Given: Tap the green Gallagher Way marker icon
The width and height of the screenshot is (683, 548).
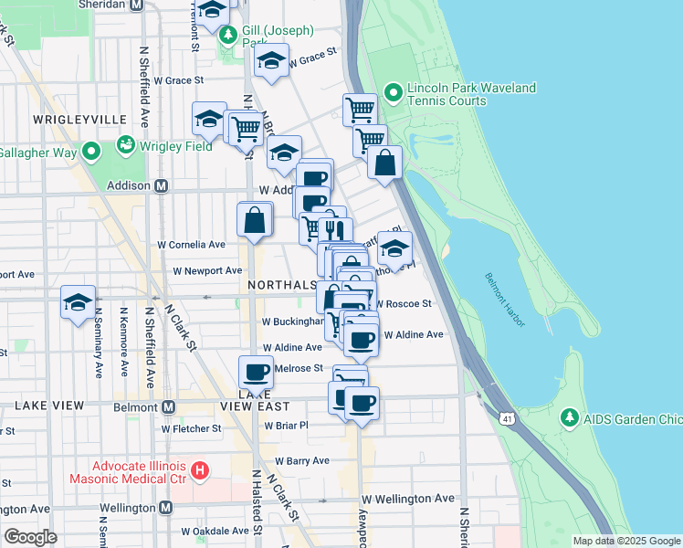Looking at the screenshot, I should [x=91, y=153].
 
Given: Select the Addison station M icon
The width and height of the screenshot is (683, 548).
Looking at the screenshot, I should [x=162, y=185].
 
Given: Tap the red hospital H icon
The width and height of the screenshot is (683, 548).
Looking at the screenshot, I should [x=201, y=472].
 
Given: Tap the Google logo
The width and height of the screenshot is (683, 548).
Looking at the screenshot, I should [x=30, y=537].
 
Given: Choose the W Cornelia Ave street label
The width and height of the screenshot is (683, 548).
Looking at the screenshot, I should [x=192, y=245].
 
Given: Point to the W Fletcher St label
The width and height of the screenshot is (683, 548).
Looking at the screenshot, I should [x=192, y=427].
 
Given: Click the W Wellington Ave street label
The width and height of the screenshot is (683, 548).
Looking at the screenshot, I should [x=407, y=499].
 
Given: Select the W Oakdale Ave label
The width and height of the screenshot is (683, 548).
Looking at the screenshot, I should [x=215, y=531].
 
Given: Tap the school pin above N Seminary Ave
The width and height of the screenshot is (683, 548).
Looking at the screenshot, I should [x=79, y=301].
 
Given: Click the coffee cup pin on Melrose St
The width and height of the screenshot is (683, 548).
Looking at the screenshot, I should [x=255, y=372].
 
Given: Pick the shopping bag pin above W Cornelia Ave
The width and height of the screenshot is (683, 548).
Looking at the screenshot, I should [x=255, y=219].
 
